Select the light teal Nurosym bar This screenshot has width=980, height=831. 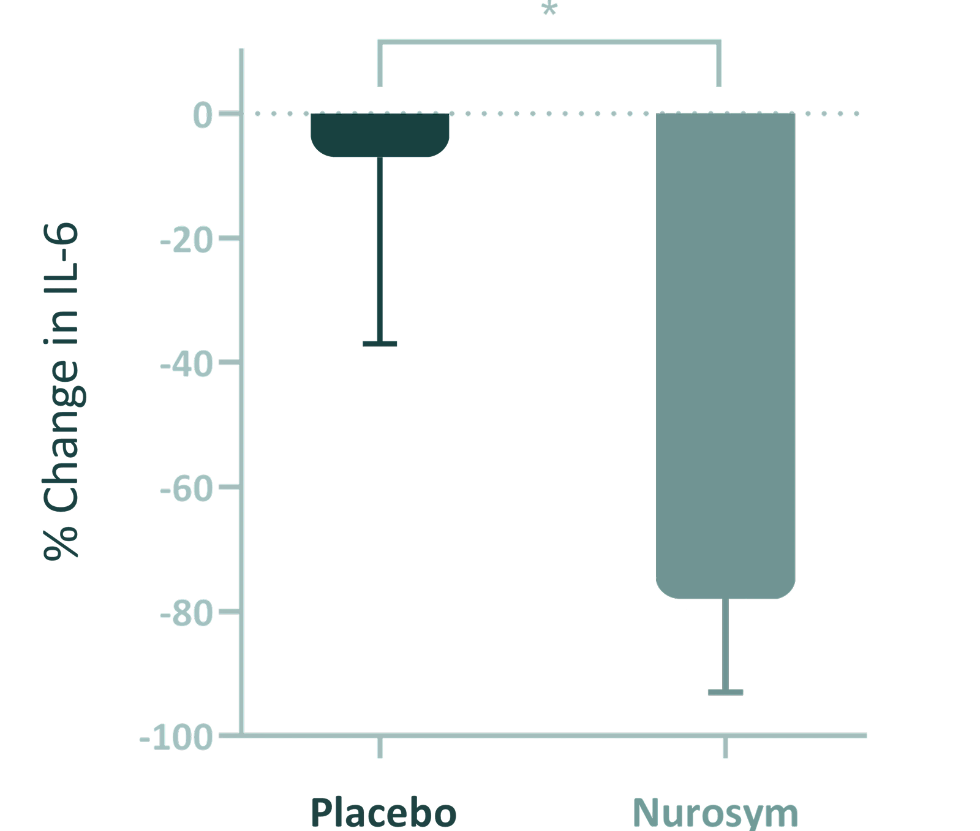(725, 355)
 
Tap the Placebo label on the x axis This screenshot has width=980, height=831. (383, 813)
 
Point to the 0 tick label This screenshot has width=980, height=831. (203, 115)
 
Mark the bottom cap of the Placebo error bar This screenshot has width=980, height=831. (380, 344)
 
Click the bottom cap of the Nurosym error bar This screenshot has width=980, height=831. (725, 692)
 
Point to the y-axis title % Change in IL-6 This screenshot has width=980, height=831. (61, 392)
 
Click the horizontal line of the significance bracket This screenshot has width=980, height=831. (549, 42)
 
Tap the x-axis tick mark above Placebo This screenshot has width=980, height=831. (380, 748)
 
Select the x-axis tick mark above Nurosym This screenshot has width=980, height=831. (725, 748)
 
